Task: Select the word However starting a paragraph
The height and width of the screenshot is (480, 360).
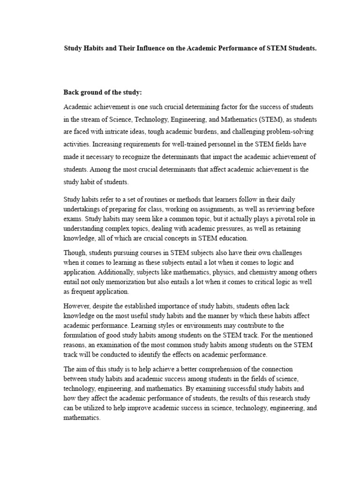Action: pos(77,307)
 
